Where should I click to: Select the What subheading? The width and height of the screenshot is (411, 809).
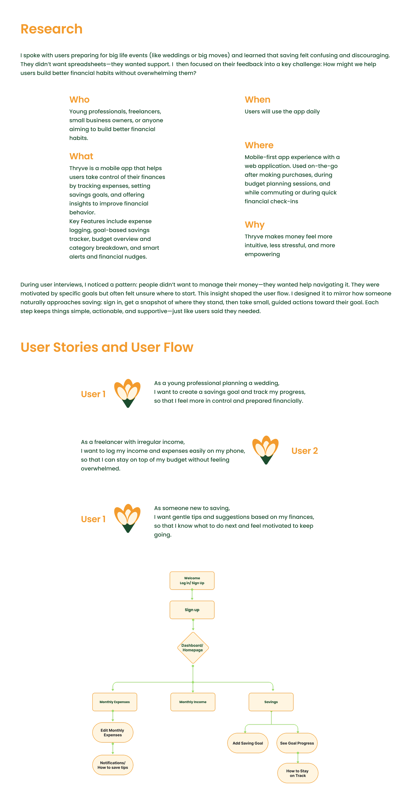[x=81, y=156]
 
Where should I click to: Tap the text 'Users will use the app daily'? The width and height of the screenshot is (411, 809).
[x=282, y=111]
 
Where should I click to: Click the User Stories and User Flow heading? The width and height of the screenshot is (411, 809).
[x=107, y=347]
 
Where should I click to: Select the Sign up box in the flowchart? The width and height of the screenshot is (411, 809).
[x=192, y=610]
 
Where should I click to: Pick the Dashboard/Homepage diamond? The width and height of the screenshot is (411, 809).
[x=193, y=648]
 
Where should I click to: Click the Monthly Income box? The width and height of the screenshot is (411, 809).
[x=193, y=702]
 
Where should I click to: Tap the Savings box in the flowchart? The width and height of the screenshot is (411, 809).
[x=271, y=702]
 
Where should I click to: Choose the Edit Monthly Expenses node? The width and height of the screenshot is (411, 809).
[x=113, y=733]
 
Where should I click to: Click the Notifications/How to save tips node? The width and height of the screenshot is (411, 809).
[x=113, y=765]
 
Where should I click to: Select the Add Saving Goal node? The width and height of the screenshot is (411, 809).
[x=247, y=743]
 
